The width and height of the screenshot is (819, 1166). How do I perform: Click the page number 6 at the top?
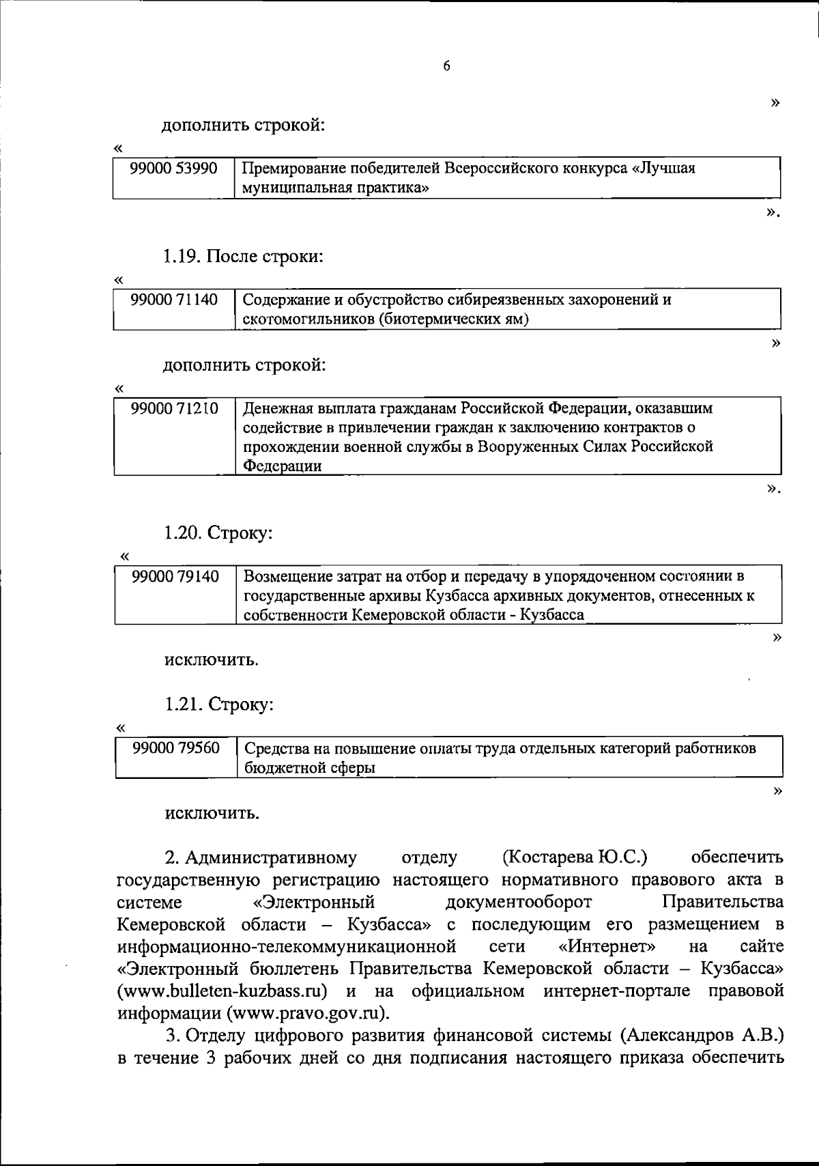coord(446,66)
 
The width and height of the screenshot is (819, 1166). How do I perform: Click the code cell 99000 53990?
coord(174,169)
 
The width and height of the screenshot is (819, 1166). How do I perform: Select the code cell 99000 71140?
coord(174,300)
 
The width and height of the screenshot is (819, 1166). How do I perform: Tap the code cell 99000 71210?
coord(175,409)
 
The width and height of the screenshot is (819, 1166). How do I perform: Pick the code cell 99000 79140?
coord(175,577)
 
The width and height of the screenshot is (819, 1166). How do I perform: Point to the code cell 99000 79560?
coord(176,748)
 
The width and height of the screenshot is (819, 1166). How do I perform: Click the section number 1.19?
coord(181,257)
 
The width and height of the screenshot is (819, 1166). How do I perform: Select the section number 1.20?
coord(182,532)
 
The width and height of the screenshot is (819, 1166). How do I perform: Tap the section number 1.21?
coord(182,704)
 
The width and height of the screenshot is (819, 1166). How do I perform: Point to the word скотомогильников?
coord(308,319)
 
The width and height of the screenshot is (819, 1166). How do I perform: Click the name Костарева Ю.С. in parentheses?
coord(575,857)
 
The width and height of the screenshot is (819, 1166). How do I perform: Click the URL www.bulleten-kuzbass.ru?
coord(222,991)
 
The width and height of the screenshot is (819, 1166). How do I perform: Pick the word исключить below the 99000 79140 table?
coord(212,660)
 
